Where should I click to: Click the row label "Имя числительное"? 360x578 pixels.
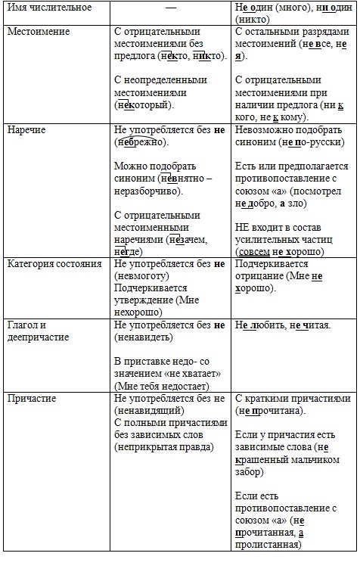coord(49,8)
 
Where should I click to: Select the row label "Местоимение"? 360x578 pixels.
coord(39,32)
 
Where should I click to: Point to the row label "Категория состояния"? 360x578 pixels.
coord(54,264)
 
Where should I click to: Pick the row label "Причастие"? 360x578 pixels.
coord(33,398)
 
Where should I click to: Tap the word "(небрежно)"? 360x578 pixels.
coord(142,141)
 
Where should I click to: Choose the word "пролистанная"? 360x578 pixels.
coord(264,545)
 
